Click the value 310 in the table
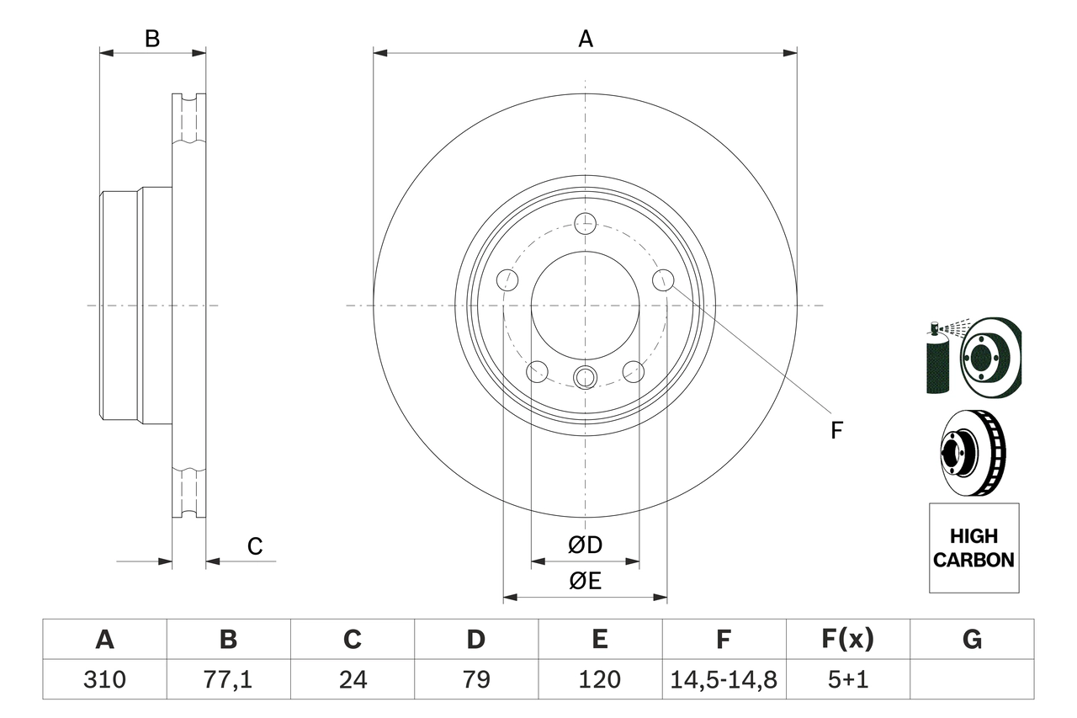click(104, 679)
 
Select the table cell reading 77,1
click(228, 679)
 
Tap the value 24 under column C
click(352, 679)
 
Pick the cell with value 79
click(475, 679)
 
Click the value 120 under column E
click(599, 679)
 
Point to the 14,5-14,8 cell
click(724, 679)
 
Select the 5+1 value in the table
click(847, 679)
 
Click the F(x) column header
click(847, 640)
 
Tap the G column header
click(972, 640)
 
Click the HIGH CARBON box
click(974, 548)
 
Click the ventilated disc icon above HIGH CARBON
click(973, 452)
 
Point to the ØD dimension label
click(586, 545)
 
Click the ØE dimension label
click(586, 581)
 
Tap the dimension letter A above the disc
click(585, 39)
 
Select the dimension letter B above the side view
click(152, 39)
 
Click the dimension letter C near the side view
click(255, 546)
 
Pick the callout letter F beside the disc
click(836, 431)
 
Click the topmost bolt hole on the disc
click(585, 224)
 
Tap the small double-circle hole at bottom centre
click(585, 377)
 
